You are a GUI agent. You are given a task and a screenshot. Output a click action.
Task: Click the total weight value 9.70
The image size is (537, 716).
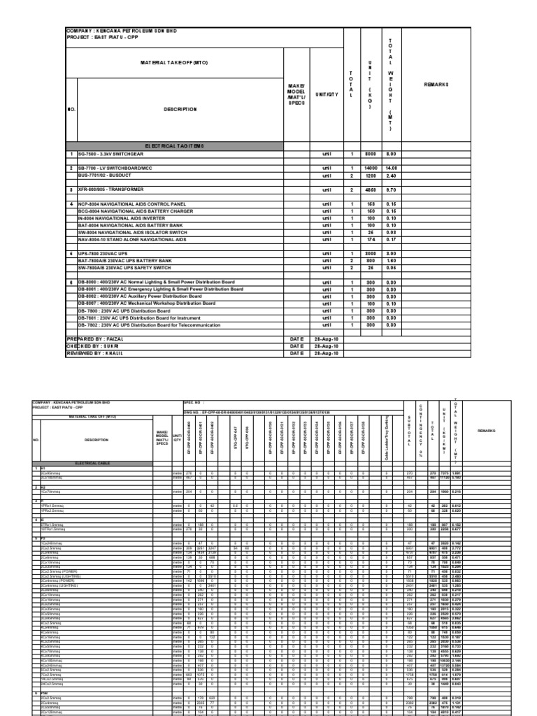[392, 190]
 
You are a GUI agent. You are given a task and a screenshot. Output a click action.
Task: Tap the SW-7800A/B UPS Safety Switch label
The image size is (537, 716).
[126, 267]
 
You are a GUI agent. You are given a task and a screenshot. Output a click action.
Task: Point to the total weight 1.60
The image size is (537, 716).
[392, 260]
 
